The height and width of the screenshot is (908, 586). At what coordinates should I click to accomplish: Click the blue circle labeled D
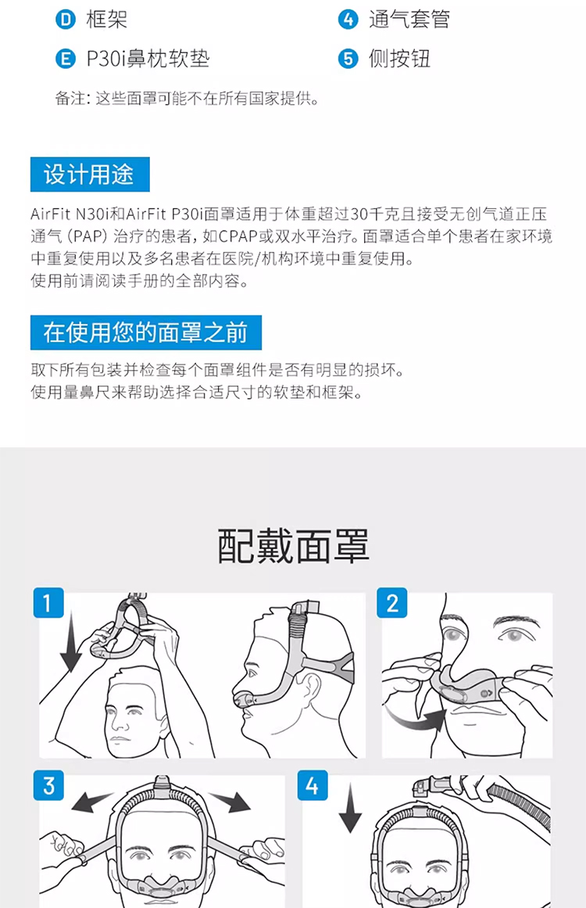(x=66, y=20)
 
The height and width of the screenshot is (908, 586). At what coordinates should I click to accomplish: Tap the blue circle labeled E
(x=66, y=59)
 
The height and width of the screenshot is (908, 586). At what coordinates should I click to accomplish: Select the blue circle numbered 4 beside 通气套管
(x=348, y=20)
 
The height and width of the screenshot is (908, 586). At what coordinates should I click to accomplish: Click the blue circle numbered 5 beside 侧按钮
(x=348, y=59)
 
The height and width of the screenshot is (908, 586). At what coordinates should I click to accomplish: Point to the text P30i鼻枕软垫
(x=148, y=59)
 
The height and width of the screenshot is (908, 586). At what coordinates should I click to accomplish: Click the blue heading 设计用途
(x=90, y=174)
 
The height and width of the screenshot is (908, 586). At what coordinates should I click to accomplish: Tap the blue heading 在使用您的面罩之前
(x=146, y=332)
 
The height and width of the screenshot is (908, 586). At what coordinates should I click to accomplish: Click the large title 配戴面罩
(x=293, y=545)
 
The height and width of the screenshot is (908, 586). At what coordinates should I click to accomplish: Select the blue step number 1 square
(x=48, y=603)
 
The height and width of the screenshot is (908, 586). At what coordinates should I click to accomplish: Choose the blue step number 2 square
(x=392, y=603)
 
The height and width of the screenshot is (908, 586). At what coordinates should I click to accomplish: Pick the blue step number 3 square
(x=48, y=785)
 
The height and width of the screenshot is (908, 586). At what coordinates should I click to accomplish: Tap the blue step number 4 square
(x=313, y=785)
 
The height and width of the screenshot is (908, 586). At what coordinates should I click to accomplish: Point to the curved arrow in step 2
(x=413, y=720)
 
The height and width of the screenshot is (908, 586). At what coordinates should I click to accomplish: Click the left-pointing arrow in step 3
(x=92, y=802)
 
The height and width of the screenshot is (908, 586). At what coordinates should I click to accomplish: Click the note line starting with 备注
(x=188, y=99)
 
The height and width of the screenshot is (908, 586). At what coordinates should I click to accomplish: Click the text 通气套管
(x=409, y=20)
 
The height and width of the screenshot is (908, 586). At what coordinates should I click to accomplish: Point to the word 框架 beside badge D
(x=106, y=20)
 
